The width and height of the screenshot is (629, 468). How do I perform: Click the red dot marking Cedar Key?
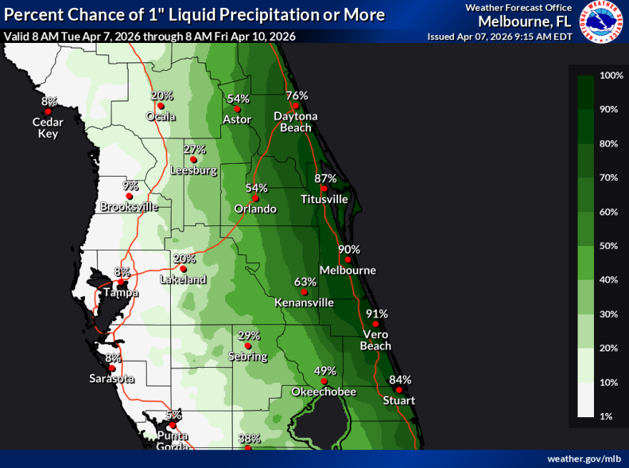[48, 112]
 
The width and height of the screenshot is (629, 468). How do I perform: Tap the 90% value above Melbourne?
[350, 250]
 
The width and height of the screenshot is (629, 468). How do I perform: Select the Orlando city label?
[255, 209]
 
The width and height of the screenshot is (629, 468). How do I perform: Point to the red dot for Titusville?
[324, 188]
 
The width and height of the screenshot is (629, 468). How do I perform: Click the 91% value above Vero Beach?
[377, 313]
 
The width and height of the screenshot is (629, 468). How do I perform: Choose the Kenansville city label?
[304, 303]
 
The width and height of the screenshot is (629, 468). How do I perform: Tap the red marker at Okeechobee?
[324, 381]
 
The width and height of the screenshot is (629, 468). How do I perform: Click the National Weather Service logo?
[600, 21]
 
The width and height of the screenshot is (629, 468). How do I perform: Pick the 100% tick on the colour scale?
[612, 76]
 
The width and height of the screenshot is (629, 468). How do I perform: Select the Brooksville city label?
[129, 207]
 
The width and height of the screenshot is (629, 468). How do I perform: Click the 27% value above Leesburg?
[194, 150]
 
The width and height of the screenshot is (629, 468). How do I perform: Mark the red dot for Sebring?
[248, 346]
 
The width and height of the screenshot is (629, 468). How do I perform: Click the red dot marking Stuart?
[399, 390]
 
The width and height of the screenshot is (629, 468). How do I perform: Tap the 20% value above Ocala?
[162, 96]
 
